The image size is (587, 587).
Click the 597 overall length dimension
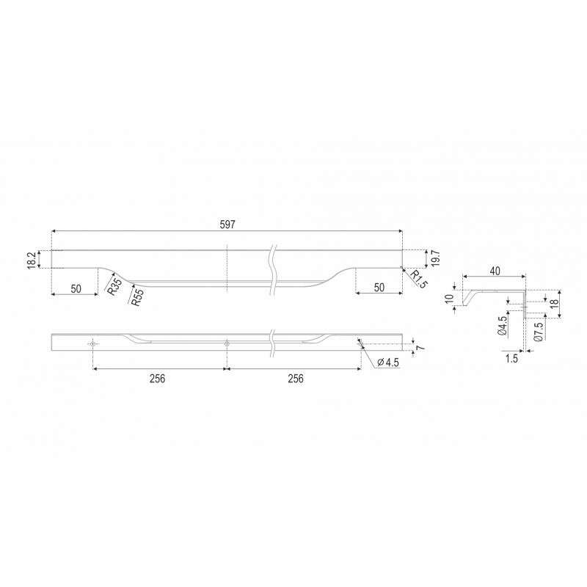coord(227,225)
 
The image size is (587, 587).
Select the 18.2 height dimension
coord(32,260)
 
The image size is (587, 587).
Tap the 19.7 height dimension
coord(435,258)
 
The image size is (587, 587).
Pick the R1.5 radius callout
coord(418,280)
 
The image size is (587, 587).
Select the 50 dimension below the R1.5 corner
coord(379,288)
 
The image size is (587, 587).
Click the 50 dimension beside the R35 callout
coord(76,288)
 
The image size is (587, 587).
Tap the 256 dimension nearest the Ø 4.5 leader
coord(296,379)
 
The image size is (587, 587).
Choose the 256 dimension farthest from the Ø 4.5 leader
coord(157,379)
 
